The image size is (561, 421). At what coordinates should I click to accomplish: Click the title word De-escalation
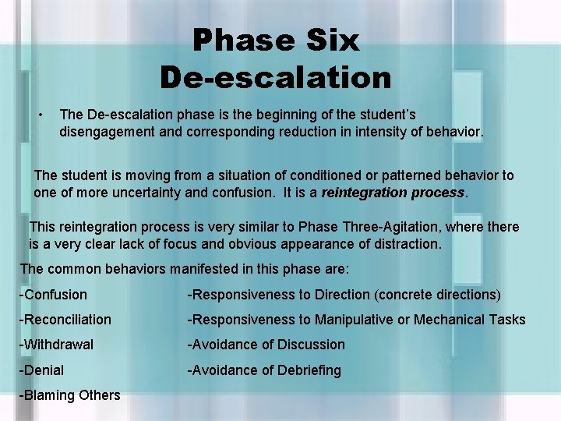pos(276,77)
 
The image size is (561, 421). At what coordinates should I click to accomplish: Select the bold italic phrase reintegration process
pos(393,192)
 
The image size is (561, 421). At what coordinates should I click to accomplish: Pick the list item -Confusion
pos(53,295)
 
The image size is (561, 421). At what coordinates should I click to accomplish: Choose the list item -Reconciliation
pos(65,320)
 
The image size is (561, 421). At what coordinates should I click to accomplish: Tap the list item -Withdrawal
pos(56,345)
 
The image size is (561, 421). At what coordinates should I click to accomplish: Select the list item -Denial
pos(42,370)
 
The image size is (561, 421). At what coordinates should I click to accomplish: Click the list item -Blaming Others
pos(70,395)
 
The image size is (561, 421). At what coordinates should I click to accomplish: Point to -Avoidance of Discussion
pos(266,345)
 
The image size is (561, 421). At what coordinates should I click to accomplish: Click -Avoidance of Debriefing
pos(263,370)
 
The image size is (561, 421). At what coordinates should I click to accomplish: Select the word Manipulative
pos(355,320)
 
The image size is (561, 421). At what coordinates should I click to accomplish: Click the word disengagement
pos(108,133)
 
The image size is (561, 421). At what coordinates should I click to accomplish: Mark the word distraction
pos(402,244)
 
